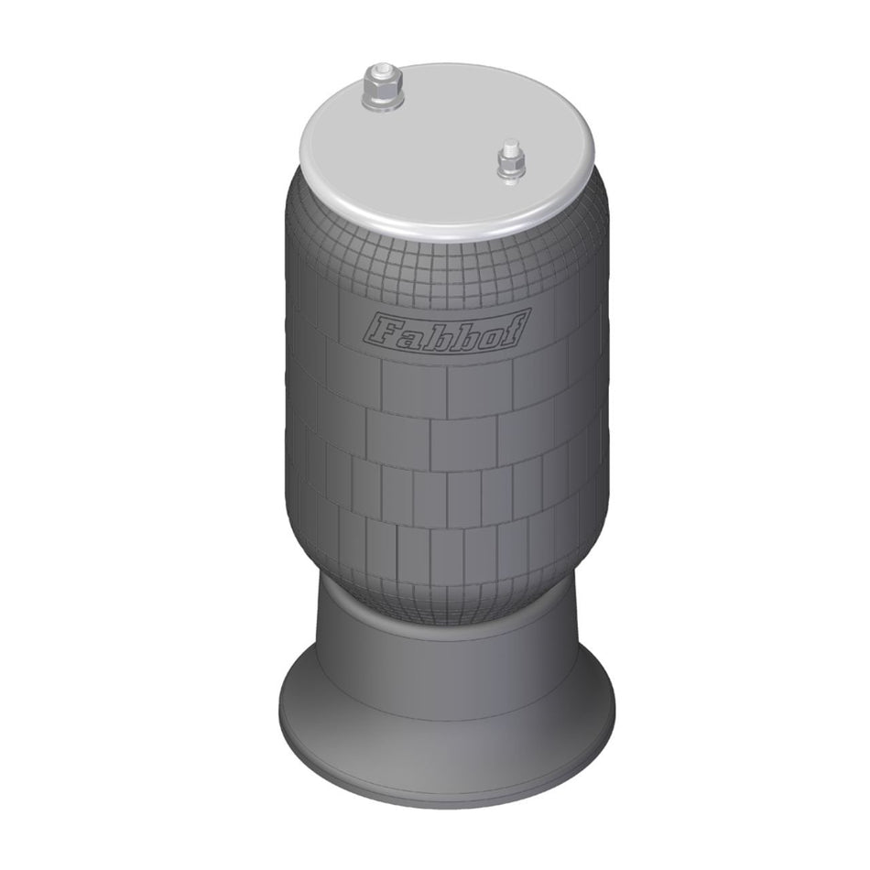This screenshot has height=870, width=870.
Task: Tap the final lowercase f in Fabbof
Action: [x=513, y=332]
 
